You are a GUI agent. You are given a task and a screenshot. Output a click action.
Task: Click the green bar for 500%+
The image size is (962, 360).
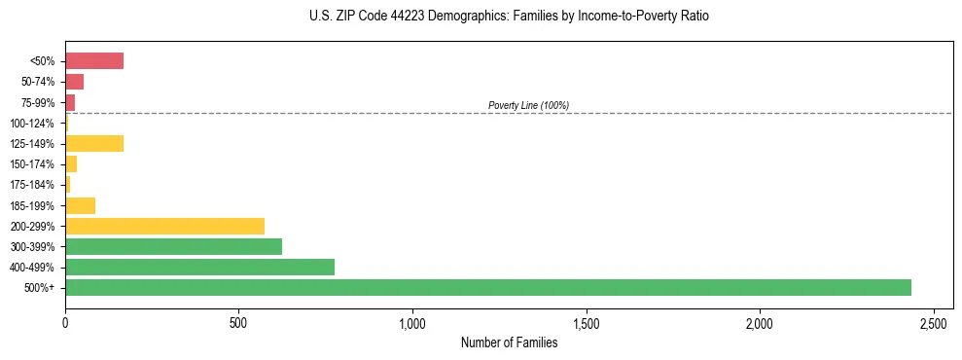(x=486, y=287)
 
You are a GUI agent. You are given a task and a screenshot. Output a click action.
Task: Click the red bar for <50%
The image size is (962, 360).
(x=94, y=61)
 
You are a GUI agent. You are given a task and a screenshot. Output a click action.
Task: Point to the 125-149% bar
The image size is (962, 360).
(x=94, y=144)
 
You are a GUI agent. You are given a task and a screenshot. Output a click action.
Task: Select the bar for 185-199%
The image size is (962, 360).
(x=80, y=205)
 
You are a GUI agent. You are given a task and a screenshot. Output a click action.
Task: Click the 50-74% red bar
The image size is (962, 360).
(x=74, y=82)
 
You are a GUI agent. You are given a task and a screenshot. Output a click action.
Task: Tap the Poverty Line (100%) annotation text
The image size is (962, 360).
(x=528, y=105)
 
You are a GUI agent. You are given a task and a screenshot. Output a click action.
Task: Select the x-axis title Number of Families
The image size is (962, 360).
(x=510, y=342)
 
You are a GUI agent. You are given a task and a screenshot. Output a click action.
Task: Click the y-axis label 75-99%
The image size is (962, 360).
(x=38, y=102)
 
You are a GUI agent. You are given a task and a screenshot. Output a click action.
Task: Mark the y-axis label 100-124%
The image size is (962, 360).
(x=32, y=124)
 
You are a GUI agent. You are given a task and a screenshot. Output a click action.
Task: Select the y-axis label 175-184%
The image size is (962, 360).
(x=32, y=185)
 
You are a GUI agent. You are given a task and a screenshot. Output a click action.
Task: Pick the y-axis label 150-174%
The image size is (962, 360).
(x=32, y=164)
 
